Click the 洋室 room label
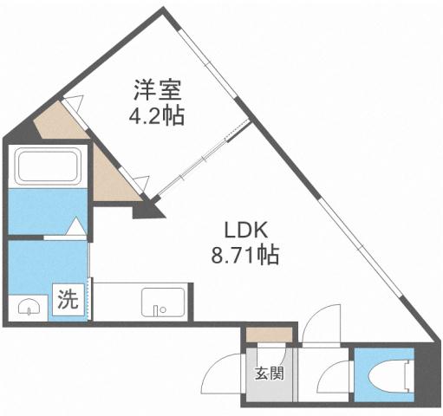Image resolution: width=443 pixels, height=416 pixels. click(x=157, y=88)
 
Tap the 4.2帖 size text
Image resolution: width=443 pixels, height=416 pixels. click(x=157, y=115)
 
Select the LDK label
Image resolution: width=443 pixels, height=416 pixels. click(x=250, y=230)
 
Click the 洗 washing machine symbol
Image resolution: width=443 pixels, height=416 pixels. click(x=68, y=301)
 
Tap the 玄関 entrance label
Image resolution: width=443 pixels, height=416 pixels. click(x=268, y=374)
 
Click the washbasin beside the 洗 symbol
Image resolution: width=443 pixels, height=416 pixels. click(x=29, y=306)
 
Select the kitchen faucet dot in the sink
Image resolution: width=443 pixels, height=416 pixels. click(x=157, y=307)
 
